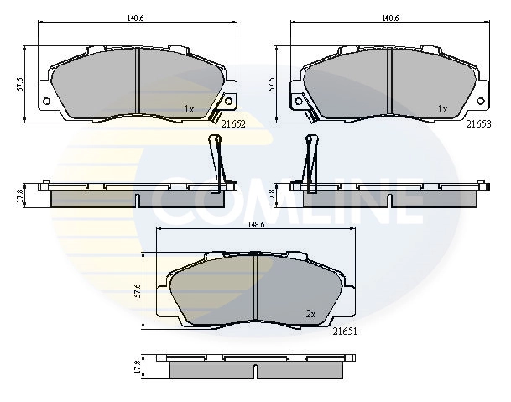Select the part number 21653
point(479,123)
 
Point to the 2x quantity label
point(310,314)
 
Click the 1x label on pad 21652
point(189,108)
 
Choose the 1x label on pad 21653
point(442,108)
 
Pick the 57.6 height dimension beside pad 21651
point(137,290)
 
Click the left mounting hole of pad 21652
point(46,102)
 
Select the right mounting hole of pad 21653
point(482,102)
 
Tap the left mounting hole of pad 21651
point(164,309)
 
